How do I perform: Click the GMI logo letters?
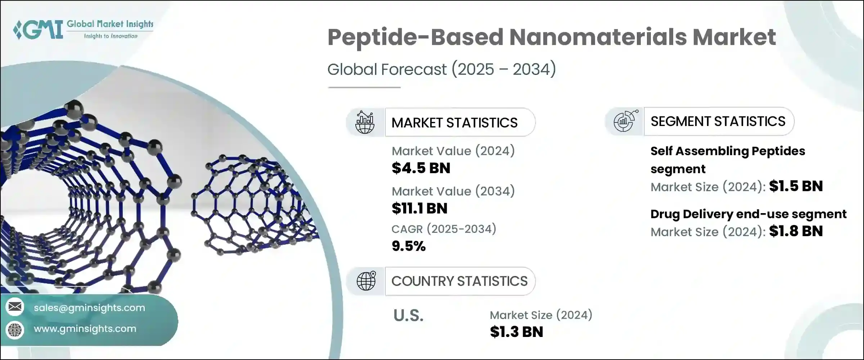point(39,30)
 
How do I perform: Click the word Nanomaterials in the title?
point(598,37)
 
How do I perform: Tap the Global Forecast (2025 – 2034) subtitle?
point(441,69)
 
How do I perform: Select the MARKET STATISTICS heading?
point(454,123)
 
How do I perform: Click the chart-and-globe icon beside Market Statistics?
point(365,122)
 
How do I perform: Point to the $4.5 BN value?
point(421,168)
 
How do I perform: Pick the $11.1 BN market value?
point(419,208)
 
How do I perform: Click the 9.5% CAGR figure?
point(409,246)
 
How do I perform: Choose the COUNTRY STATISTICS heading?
point(459,281)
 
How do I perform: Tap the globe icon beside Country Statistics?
point(366,281)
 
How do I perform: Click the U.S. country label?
point(408,316)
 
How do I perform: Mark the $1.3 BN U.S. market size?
point(516,332)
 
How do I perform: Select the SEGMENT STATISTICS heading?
point(718,121)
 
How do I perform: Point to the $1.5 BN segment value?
point(796,186)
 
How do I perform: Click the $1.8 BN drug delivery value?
point(796,231)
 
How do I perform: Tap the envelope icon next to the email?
point(15,307)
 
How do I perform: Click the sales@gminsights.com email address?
point(89,308)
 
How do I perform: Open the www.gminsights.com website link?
point(85,329)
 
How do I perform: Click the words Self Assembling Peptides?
point(727,151)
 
